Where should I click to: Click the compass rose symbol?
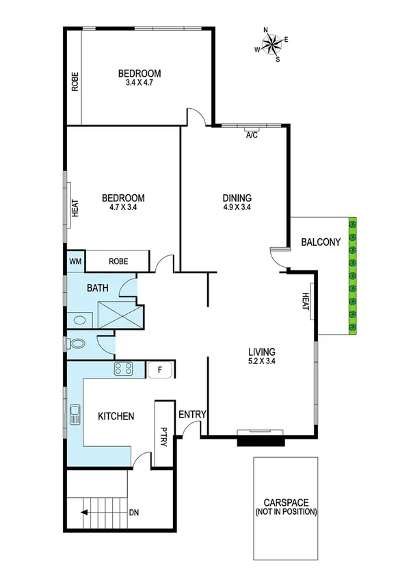(x=271, y=44)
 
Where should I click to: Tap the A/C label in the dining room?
(x=252, y=135)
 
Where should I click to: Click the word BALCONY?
(x=321, y=242)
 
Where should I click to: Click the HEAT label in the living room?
(x=306, y=301)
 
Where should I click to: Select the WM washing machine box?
(x=75, y=261)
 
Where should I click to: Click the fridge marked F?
(x=160, y=370)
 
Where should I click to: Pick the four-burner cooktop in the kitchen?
(x=124, y=370)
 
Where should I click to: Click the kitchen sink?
(x=75, y=415)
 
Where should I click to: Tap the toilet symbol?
(x=77, y=344)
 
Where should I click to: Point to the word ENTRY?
(x=191, y=415)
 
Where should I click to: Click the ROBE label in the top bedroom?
(x=75, y=81)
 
